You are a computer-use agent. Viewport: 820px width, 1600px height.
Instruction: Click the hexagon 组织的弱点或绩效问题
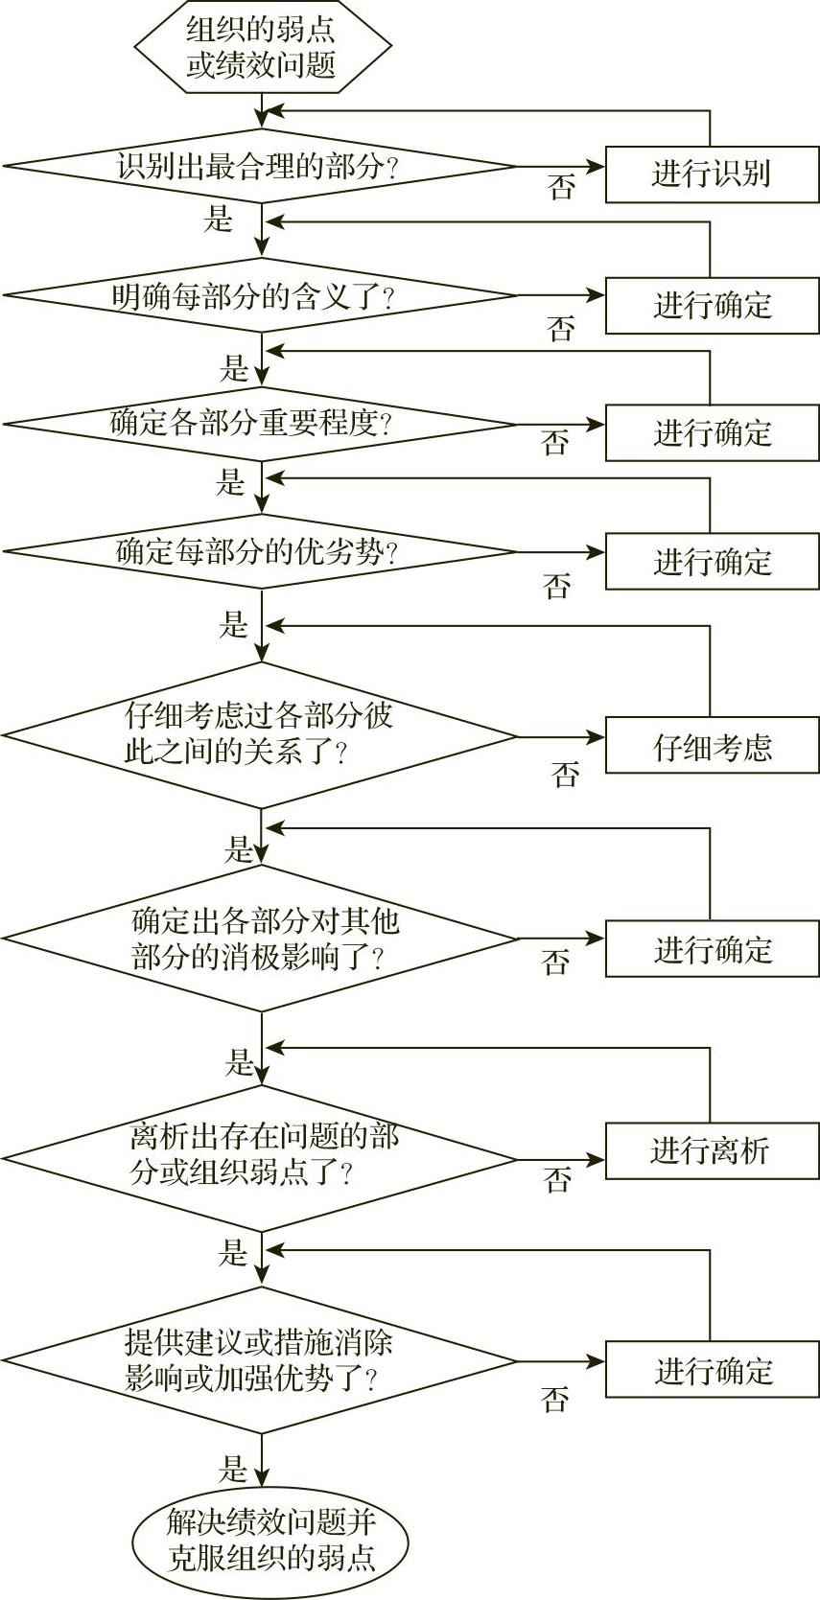[x=261, y=47]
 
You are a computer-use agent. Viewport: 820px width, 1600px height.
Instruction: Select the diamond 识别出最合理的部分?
[x=259, y=167]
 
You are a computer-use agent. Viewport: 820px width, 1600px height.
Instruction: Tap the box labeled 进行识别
[x=712, y=174]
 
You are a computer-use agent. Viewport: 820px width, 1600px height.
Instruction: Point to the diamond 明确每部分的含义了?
[x=259, y=295]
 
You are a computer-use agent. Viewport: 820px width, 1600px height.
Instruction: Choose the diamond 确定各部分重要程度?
[x=259, y=422]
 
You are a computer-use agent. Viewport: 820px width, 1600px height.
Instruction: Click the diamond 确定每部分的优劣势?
[x=259, y=551]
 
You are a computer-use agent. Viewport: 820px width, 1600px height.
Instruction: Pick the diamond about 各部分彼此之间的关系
[x=259, y=735]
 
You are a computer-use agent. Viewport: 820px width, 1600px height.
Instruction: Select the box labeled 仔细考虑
[x=712, y=747]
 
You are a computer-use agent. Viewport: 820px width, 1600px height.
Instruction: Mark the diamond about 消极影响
[x=259, y=939]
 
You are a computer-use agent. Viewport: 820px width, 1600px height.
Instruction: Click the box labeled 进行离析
[x=712, y=1149]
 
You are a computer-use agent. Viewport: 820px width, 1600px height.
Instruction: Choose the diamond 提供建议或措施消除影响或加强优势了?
[x=259, y=1360]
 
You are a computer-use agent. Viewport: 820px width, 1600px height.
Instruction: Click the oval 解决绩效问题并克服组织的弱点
[x=269, y=1540]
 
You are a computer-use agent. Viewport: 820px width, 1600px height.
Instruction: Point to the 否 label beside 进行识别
[x=561, y=187]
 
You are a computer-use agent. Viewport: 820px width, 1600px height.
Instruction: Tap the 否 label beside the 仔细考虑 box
[x=566, y=774]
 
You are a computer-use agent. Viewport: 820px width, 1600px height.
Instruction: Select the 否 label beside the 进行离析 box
[x=557, y=1179]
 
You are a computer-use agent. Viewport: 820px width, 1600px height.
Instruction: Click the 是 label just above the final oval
[x=233, y=1469]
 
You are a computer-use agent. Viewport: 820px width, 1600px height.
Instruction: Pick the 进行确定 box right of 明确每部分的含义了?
[x=712, y=306]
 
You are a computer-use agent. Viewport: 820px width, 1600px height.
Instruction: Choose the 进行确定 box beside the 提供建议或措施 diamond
[x=712, y=1371]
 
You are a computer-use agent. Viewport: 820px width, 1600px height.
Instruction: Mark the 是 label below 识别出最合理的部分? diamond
[x=218, y=219]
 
